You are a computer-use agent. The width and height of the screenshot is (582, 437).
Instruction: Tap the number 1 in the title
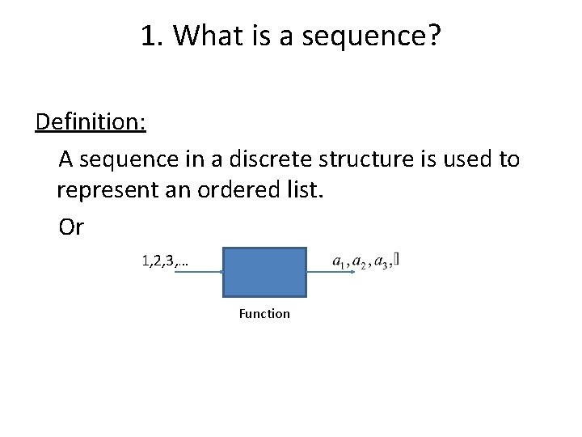click(x=148, y=36)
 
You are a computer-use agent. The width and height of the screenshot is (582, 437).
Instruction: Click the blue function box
click(x=265, y=273)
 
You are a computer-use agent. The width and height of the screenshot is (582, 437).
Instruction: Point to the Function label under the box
click(x=264, y=314)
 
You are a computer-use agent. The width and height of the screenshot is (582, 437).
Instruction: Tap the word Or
click(x=71, y=228)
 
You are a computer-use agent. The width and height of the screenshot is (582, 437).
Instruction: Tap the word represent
click(x=102, y=193)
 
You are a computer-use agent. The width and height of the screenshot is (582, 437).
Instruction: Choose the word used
click(x=464, y=159)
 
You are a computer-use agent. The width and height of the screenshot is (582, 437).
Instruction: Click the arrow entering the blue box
click(x=198, y=272)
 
